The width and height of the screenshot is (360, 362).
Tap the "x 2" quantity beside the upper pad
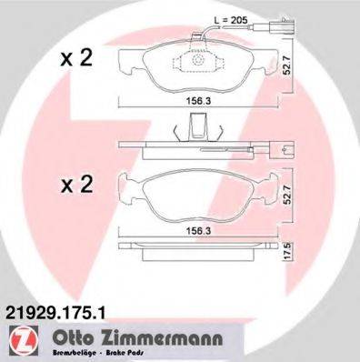(78, 59)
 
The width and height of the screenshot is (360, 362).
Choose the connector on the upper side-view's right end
(285, 147)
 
